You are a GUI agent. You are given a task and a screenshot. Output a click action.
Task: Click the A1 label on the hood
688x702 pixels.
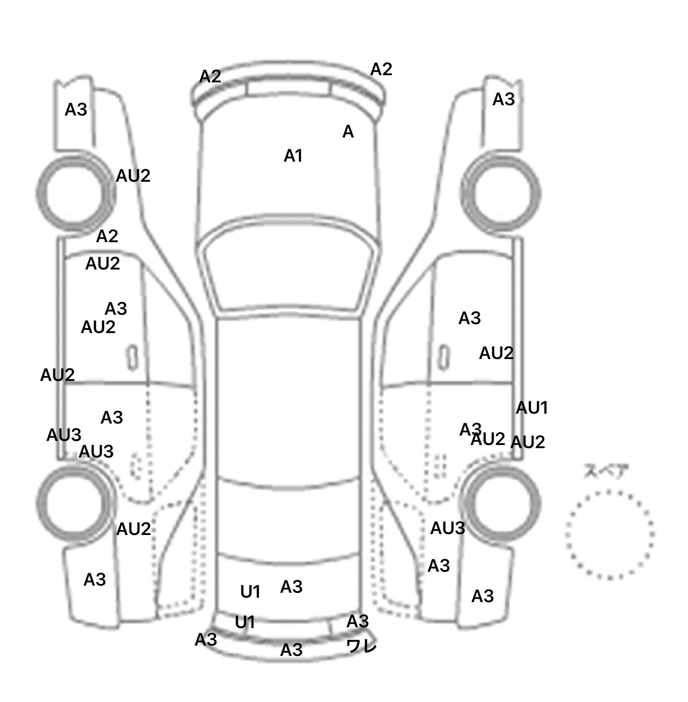pyautogui.click(x=293, y=156)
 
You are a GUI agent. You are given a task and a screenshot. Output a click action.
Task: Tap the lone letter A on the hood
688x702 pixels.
pyautogui.click(x=348, y=132)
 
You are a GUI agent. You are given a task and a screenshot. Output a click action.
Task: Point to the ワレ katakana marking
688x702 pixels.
pyautogui.click(x=361, y=646)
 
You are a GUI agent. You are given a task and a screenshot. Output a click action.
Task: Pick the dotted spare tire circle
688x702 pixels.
pyautogui.click(x=609, y=534)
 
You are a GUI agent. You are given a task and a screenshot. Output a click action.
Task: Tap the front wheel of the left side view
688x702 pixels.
pyautogui.click(x=75, y=193)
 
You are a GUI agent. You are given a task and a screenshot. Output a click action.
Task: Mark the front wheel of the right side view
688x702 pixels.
pyautogui.click(x=501, y=193)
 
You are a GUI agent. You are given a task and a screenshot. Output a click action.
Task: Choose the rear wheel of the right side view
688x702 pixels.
pyautogui.click(x=502, y=501)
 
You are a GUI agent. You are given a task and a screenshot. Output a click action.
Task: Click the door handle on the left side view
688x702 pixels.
pyautogui.click(x=132, y=358)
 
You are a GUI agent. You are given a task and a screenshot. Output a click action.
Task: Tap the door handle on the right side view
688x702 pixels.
pyautogui.click(x=443, y=358)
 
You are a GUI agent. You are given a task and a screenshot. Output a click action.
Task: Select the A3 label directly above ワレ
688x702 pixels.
pyautogui.click(x=357, y=621)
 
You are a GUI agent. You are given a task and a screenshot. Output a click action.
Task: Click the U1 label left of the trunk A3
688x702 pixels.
pyautogui.click(x=250, y=592)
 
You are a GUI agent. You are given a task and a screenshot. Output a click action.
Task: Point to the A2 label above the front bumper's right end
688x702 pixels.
pyautogui.click(x=381, y=69)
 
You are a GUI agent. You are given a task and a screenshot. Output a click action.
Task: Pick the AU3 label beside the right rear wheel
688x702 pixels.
pyautogui.click(x=447, y=529)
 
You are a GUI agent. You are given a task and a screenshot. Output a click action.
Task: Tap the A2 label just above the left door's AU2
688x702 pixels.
pyautogui.click(x=107, y=236)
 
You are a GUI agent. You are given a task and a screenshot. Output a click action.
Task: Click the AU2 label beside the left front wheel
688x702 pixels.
pyautogui.click(x=133, y=176)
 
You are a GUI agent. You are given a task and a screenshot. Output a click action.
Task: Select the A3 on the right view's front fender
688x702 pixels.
pyautogui.click(x=503, y=99)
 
